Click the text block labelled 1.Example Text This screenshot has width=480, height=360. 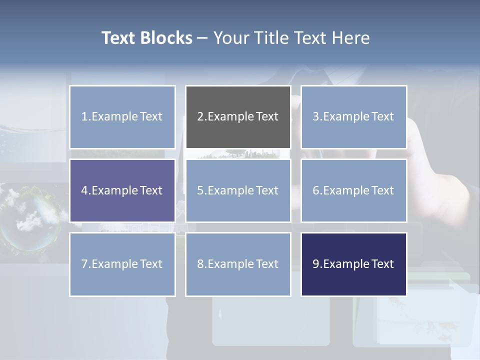point(122,117)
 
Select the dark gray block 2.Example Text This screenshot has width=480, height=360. point(238,117)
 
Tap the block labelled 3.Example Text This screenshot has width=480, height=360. point(353,117)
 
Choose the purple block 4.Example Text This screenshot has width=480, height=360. point(122,190)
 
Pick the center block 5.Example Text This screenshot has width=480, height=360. point(238,190)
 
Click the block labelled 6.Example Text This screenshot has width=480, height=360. point(353,190)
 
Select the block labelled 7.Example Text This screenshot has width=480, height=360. point(122,264)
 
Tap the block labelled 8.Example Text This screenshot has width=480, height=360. point(238,264)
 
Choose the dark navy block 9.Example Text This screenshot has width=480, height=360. point(353,264)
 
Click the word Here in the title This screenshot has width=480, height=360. point(351,38)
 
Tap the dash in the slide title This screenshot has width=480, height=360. point(202,38)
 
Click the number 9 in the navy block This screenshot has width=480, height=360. point(315,264)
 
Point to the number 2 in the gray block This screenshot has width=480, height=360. point(200,117)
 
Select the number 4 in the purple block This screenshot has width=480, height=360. point(84,190)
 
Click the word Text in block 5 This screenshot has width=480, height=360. point(267,190)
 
